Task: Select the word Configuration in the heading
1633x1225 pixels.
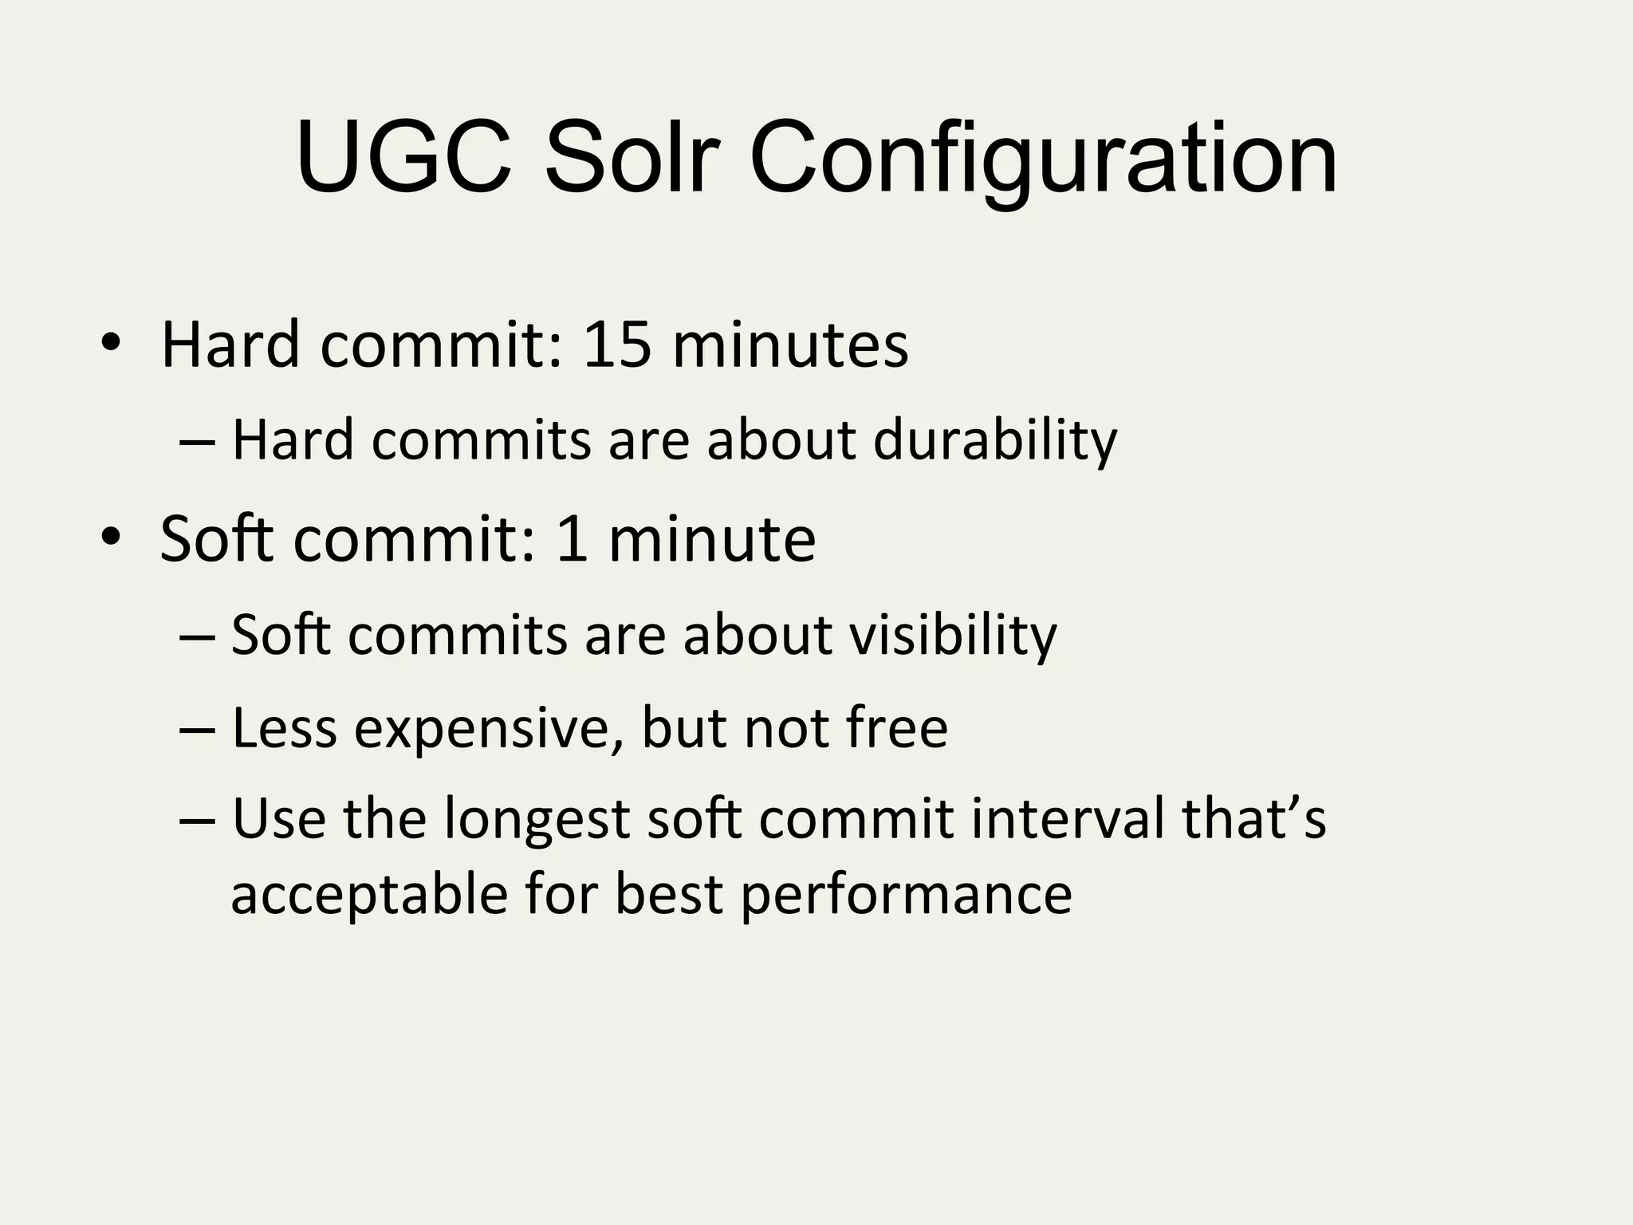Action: [1043, 160]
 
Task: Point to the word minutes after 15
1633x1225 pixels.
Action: [790, 345]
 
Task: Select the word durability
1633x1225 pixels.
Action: [995, 440]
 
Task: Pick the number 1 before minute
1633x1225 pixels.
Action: [572, 539]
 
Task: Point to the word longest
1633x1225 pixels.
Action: [537, 821]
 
